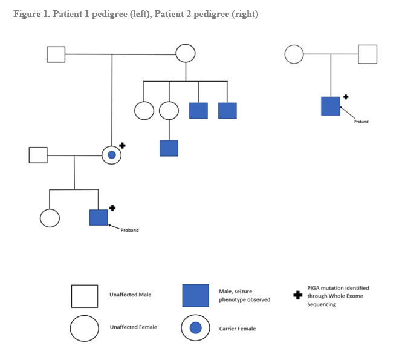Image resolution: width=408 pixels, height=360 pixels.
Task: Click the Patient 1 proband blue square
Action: [99, 217]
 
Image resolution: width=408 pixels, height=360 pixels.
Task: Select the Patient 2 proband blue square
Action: [331, 106]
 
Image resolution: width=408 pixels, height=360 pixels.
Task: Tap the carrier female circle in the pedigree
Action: [111, 155]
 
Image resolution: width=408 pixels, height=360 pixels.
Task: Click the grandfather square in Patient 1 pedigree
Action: [56, 54]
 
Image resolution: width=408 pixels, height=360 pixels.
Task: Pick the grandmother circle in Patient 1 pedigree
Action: [186, 54]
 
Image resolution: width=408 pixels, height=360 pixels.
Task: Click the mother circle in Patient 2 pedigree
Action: [294, 54]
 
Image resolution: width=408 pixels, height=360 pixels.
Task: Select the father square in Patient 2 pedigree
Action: [368, 54]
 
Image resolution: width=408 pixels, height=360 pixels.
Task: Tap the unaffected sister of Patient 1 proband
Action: [50, 217]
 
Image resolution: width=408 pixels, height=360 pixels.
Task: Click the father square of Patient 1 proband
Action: [38, 155]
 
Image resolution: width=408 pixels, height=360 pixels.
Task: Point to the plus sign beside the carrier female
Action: [122, 145]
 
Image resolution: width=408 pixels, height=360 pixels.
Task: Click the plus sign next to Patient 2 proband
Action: [346, 96]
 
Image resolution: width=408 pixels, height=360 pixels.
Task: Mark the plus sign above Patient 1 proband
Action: [112, 208]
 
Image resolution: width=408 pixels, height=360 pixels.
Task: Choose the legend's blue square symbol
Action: [195, 295]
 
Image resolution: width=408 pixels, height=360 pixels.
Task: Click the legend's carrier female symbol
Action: [195, 328]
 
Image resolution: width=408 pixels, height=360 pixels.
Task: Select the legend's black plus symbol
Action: [297, 296]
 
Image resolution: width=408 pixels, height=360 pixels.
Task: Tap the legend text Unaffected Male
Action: [130, 295]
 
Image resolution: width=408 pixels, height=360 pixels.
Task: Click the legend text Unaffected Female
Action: [133, 327]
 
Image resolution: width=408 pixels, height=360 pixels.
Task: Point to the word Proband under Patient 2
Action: [361, 122]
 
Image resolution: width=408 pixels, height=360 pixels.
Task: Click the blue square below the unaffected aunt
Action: [169, 148]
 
